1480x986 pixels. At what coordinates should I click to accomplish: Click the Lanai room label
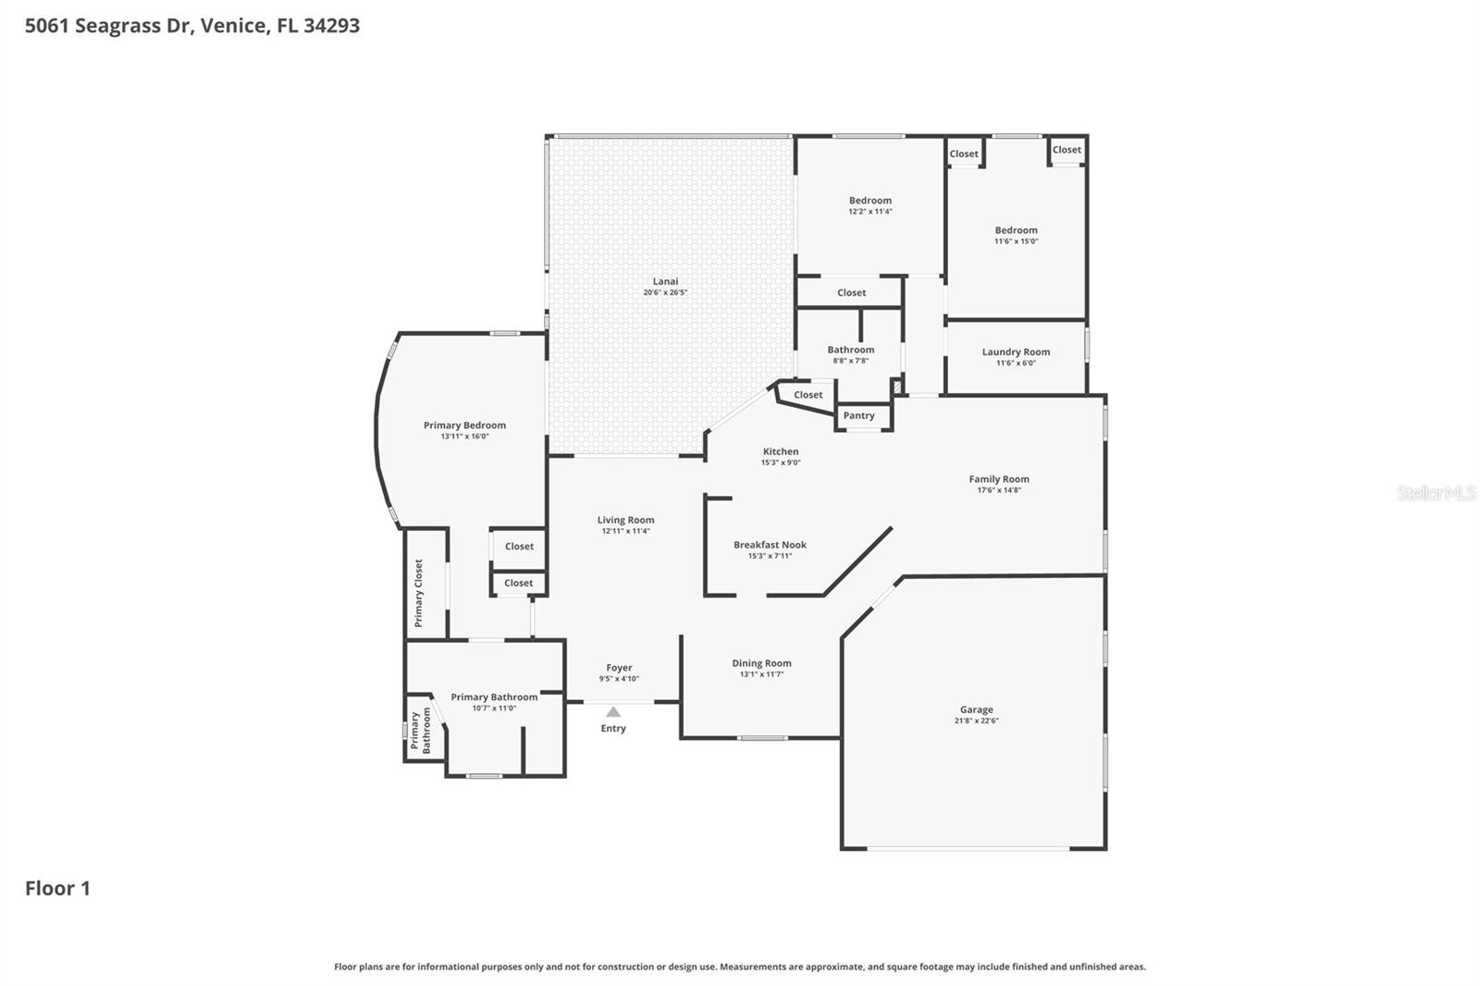[665, 281]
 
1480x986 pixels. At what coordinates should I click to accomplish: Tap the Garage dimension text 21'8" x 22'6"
[976, 721]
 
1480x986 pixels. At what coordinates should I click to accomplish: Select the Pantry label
[858, 415]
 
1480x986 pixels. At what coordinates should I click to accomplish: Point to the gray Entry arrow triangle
[613, 711]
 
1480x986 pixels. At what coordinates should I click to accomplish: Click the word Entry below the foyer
[613, 729]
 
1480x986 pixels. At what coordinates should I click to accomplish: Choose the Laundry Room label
[1016, 351]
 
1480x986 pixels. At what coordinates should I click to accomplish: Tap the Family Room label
[999, 479]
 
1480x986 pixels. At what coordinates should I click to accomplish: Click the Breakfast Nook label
[770, 545]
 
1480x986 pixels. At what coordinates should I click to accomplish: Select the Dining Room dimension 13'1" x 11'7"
[761, 674]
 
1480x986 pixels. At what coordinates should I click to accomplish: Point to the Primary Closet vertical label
[418, 593]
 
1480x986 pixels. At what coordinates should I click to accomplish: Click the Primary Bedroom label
[464, 425]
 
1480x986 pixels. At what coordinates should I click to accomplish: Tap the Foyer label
[619, 668]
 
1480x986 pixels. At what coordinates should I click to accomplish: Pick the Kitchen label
[781, 451]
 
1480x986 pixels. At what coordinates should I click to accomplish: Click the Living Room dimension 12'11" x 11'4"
[625, 531]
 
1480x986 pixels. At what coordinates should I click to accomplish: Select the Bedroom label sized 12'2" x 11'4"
[870, 201]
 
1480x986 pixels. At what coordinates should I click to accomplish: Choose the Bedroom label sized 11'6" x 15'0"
[1016, 230]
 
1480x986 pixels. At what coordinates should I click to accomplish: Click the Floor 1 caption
[57, 889]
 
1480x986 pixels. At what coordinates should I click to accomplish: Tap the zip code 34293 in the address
[331, 26]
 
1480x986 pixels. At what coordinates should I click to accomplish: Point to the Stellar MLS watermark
[1436, 493]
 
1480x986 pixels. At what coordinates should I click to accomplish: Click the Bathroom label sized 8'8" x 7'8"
[850, 350]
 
